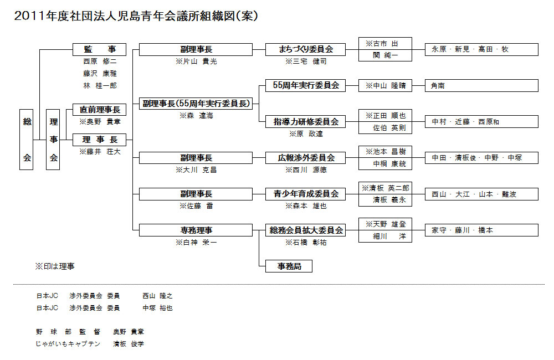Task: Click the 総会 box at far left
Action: (x=27, y=140)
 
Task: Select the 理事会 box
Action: (x=53, y=140)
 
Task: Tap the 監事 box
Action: (x=100, y=49)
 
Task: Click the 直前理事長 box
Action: (x=100, y=110)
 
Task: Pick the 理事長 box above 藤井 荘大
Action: (x=100, y=140)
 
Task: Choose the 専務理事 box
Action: (x=196, y=230)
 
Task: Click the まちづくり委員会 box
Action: (x=306, y=49)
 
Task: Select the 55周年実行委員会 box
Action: (x=306, y=85)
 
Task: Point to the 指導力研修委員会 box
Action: (x=306, y=121)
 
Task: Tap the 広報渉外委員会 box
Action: (x=306, y=158)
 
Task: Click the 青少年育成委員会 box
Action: (x=306, y=194)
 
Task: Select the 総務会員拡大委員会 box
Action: (x=306, y=230)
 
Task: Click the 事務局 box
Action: (x=289, y=266)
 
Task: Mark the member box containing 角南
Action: (x=481, y=85)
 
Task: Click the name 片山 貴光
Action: (x=196, y=61)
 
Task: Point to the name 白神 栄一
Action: (x=196, y=242)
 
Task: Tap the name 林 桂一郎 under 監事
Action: (x=100, y=85)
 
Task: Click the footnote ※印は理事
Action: (x=55, y=266)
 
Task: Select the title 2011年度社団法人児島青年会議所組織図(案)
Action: (x=136, y=16)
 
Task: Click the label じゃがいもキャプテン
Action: (x=68, y=344)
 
